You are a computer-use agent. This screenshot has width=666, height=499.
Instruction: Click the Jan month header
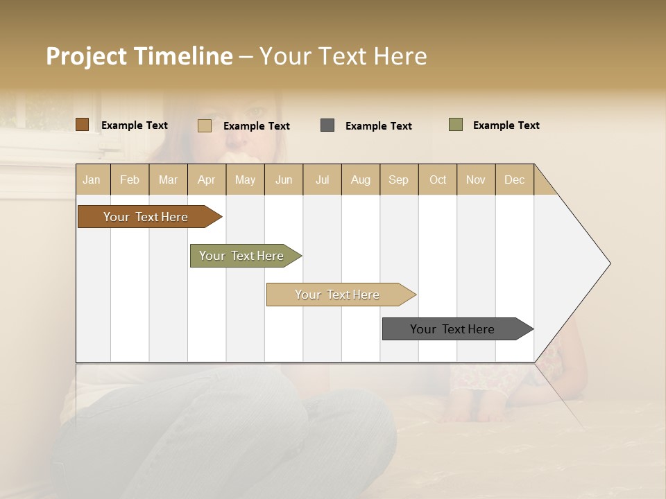pyautogui.click(x=92, y=180)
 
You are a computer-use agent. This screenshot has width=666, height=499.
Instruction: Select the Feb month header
pyautogui.click(x=130, y=180)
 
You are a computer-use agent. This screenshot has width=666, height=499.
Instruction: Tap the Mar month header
pyautogui.click(x=168, y=180)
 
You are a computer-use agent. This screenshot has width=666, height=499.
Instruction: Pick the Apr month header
pyautogui.click(x=207, y=180)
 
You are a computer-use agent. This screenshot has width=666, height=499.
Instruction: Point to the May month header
pyautogui.click(x=245, y=180)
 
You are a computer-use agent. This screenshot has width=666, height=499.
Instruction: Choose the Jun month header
pyautogui.click(x=284, y=180)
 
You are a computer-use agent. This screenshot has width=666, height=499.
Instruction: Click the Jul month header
pyautogui.click(x=322, y=180)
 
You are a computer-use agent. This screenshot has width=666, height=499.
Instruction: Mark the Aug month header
pyautogui.click(x=361, y=180)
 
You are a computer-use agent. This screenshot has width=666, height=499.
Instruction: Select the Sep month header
pyautogui.click(x=399, y=180)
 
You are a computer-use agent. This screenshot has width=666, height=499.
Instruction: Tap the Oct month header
pyautogui.click(x=438, y=180)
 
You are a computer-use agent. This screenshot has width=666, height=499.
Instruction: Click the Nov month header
pyautogui.click(x=476, y=180)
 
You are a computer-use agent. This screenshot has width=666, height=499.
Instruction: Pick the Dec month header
pyautogui.click(x=515, y=180)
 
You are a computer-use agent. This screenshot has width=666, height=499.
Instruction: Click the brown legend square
pyautogui.click(x=83, y=125)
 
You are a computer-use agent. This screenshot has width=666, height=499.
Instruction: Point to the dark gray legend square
pyautogui.click(x=327, y=125)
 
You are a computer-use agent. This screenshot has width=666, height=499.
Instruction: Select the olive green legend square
pyautogui.click(x=456, y=125)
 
